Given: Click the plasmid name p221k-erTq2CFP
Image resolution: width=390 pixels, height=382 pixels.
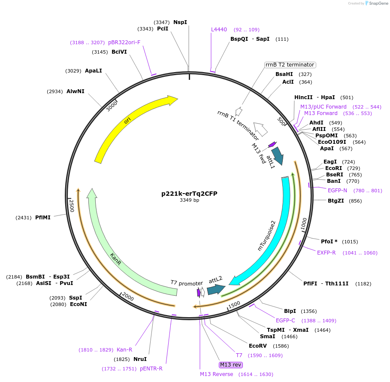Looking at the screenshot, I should tap(189, 194).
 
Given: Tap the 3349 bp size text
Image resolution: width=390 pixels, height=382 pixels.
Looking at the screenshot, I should tap(189, 200).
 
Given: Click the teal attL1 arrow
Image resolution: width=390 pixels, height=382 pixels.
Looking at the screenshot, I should tap(277, 156).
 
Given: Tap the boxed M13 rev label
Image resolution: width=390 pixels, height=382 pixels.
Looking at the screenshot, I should tap(230, 365).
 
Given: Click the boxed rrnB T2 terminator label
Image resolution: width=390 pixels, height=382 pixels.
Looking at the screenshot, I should tap(290, 65).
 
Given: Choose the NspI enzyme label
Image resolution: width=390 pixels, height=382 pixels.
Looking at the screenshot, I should tap(180, 22).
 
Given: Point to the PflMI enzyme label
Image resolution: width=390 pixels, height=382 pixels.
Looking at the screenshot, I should tap(43, 218).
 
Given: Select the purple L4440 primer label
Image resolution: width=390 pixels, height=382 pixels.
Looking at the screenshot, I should tap(219, 30).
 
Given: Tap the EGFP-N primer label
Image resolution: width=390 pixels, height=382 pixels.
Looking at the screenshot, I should tap(337, 190).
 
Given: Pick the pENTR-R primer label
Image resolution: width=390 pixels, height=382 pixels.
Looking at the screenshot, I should tap(151, 369).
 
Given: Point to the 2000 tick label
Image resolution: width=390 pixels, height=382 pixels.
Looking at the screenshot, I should tap(127, 297).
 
